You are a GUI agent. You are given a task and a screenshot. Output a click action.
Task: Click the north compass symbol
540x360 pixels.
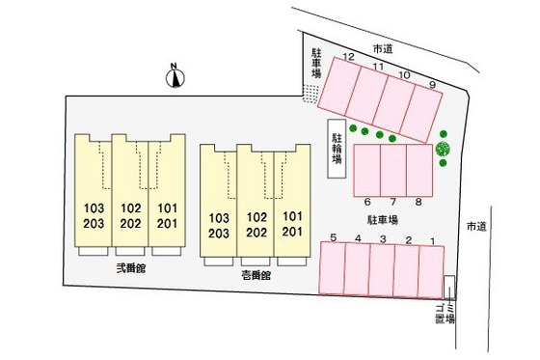point(175,76)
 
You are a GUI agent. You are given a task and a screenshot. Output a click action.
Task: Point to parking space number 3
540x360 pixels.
point(383,268)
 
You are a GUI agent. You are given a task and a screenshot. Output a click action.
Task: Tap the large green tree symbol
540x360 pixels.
point(443,150)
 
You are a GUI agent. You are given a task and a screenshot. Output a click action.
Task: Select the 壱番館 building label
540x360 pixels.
point(256,276)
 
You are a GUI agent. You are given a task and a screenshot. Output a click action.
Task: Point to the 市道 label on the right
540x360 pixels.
point(476,226)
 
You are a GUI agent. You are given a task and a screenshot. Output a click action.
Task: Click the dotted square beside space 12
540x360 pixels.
point(310,92)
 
